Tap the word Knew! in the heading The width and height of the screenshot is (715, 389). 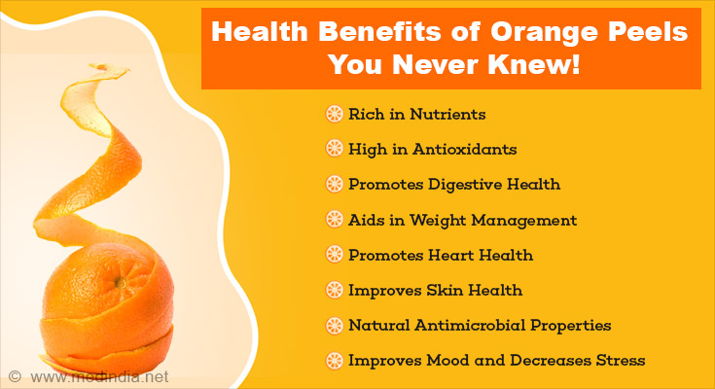(x=535, y=64)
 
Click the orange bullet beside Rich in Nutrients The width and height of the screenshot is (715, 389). (x=334, y=114)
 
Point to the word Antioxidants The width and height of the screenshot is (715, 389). (x=464, y=149)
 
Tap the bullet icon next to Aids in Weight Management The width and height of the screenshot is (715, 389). (x=334, y=220)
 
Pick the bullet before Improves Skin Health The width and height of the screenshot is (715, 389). (x=334, y=290)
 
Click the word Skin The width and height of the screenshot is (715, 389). (x=445, y=290)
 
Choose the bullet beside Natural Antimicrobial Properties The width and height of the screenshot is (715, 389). (x=334, y=325)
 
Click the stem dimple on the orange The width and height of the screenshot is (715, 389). (x=121, y=283)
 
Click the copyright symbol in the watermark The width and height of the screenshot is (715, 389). (x=15, y=376)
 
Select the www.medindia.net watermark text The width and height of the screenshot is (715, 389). (x=99, y=377)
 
